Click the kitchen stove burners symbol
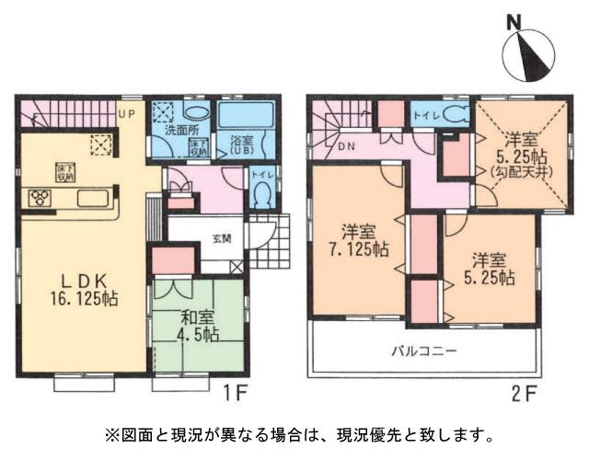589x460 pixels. click(x=41, y=196)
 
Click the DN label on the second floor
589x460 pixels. click(x=348, y=147)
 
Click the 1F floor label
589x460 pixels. click(x=234, y=390)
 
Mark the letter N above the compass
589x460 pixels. click(x=515, y=22)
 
